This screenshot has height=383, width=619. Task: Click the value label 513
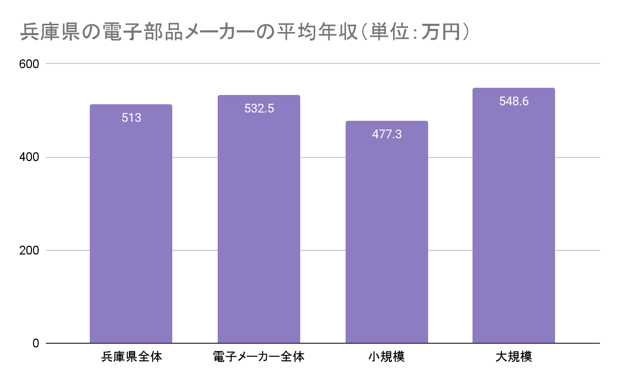point(131,118)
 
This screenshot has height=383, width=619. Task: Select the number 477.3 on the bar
point(386,135)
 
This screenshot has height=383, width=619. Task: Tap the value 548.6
point(514,102)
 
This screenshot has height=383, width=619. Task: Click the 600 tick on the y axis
point(29,64)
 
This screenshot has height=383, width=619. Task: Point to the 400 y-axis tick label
point(29,157)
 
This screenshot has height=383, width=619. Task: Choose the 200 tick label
point(29,250)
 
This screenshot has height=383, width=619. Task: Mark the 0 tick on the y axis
point(36,343)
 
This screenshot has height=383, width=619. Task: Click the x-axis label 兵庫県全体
point(131,357)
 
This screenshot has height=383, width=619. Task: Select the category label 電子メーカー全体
point(258,357)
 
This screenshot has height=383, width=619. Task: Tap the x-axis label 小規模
point(386,357)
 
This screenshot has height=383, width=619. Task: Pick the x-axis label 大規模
point(514,357)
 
